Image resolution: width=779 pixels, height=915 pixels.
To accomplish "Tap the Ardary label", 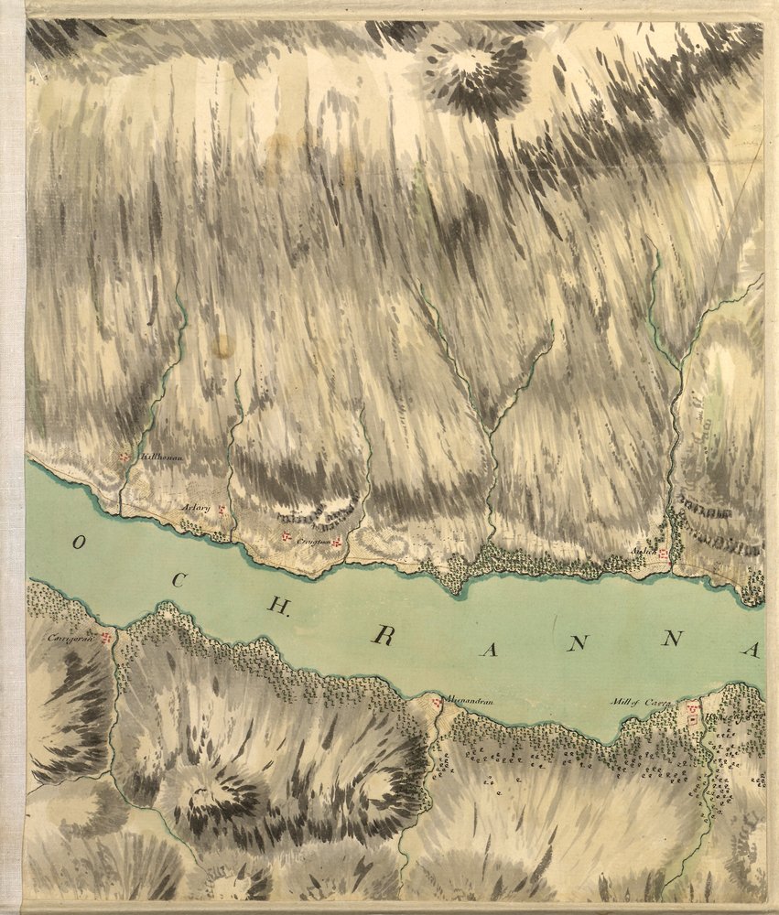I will [195, 509].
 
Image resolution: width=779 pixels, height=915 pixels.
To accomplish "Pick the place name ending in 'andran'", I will [471, 701].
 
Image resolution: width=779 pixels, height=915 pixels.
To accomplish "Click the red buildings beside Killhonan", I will [124, 456].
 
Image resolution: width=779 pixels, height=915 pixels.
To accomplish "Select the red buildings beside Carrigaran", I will [107, 636].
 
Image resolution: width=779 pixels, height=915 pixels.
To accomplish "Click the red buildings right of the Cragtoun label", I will [337, 543].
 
